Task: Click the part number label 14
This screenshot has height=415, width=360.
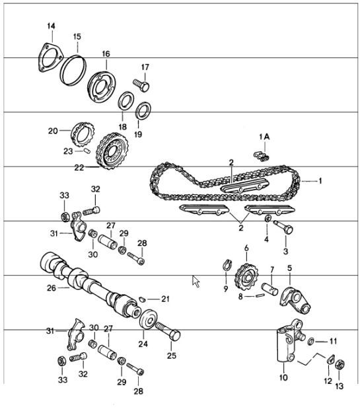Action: pos(51,26)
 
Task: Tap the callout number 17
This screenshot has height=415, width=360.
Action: pos(145,67)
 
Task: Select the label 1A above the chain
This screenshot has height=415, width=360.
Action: pos(264,136)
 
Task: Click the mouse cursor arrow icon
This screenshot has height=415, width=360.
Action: pos(196,281)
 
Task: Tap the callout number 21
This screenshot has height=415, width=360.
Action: pos(165,299)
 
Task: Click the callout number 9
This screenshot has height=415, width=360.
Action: pos(225,288)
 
